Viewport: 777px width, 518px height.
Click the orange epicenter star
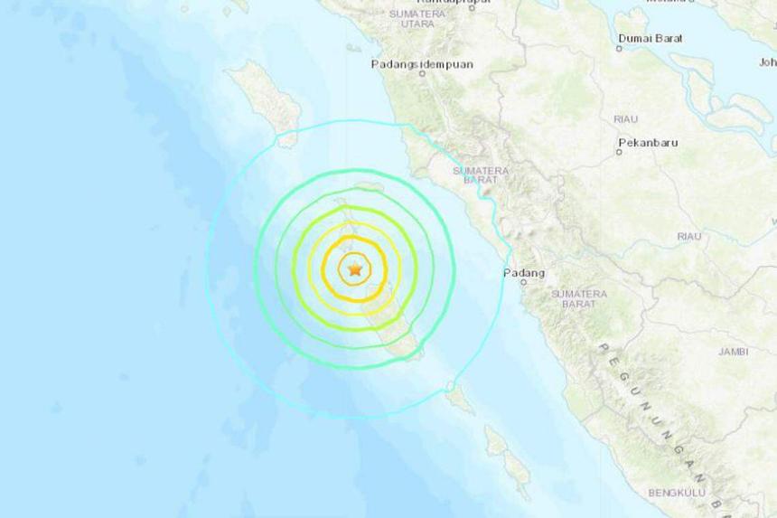pos(354,269)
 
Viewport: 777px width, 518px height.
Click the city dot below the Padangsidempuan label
pos(423,74)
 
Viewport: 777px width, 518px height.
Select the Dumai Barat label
pos(651,38)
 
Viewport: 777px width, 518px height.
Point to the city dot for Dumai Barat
pos(620,48)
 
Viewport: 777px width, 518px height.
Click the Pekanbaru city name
pos(648,143)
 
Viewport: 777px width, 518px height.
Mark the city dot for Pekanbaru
pos(619,152)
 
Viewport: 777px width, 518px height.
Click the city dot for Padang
pos(523,282)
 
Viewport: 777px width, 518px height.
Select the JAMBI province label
pos(733,352)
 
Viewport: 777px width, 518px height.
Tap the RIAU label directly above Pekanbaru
pos(625,118)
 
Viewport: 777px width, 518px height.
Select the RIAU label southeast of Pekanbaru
pos(689,236)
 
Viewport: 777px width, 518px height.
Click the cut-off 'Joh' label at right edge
pos(767,62)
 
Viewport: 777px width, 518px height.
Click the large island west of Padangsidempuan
pos(264,99)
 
